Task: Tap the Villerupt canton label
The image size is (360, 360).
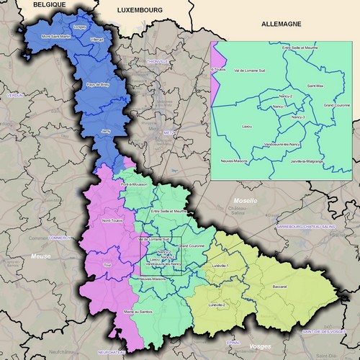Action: click(98, 39)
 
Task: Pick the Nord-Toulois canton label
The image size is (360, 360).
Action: click(112, 220)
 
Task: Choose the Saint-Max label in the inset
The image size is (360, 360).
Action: click(316, 86)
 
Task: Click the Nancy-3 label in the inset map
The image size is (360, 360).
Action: click(298, 117)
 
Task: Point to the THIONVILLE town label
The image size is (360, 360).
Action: click(157, 62)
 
